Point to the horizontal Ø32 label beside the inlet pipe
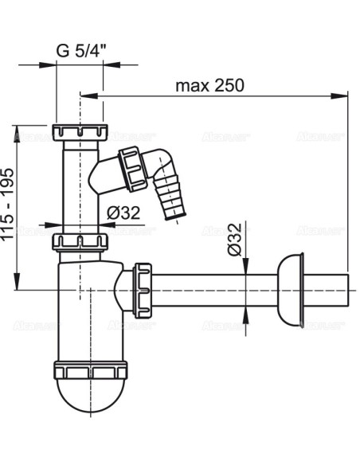click(x=123, y=213)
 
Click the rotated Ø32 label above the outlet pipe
click(x=233, y=238)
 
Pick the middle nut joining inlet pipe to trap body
click(x=80, y=240)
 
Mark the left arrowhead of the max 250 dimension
click(x=86, y=96)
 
